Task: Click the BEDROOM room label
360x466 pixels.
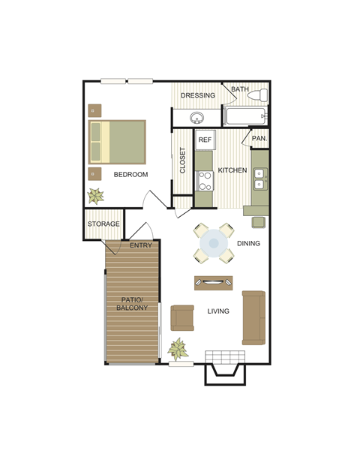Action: click(x=130, y=175)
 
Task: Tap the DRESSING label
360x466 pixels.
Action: click(x=198, y=95)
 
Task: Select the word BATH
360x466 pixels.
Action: click(x=239, y=90)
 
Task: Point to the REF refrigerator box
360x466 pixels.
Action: click(x=205, y=140)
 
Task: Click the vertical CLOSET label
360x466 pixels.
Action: click(x=182, y=161)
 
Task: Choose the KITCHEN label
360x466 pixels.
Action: click(x=232, y=170)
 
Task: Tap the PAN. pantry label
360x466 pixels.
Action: click(x=259, y=138)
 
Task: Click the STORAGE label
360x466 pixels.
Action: click(x=103, y=224)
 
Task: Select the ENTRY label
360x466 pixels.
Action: click(x=141, y=245)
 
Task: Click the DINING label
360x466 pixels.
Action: click(x=248, y=244)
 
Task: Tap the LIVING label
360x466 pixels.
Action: click(x=218, y=311)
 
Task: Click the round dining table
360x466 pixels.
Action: click(x=214, y=243)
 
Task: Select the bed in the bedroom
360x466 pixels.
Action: click(x=118, y=141)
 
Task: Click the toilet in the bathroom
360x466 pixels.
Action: click(x=258, y=96)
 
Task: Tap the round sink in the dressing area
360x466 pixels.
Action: click(x=197, y=119)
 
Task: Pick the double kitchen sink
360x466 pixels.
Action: click(x=260, y=177)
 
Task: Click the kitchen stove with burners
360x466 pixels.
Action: click(x=203, y=180)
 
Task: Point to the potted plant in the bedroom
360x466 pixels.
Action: click(x=96, y=197)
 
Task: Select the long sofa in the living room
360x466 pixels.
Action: click(x=253, y=317)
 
